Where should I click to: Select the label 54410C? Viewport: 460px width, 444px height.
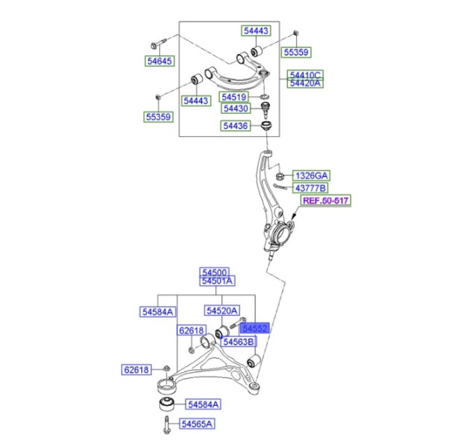point(305,75)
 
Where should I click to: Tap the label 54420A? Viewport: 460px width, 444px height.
point(305,83)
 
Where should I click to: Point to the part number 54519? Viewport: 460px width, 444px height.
point(235,97)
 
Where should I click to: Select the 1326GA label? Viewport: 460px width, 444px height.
point(312,175)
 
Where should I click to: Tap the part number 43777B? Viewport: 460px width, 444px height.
point(312,187)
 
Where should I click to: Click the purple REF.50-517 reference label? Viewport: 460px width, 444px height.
point(326,201)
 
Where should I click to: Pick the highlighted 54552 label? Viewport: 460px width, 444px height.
point(255,328)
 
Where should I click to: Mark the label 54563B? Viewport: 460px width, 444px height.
point(238,342)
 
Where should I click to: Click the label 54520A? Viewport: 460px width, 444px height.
point(222,312)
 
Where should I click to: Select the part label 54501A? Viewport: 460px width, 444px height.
point(217,280)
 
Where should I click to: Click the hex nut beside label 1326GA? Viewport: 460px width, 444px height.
point(279,175)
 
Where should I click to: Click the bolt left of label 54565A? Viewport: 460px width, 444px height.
point(166,424)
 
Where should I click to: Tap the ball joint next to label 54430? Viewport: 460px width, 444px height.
point(265,109)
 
